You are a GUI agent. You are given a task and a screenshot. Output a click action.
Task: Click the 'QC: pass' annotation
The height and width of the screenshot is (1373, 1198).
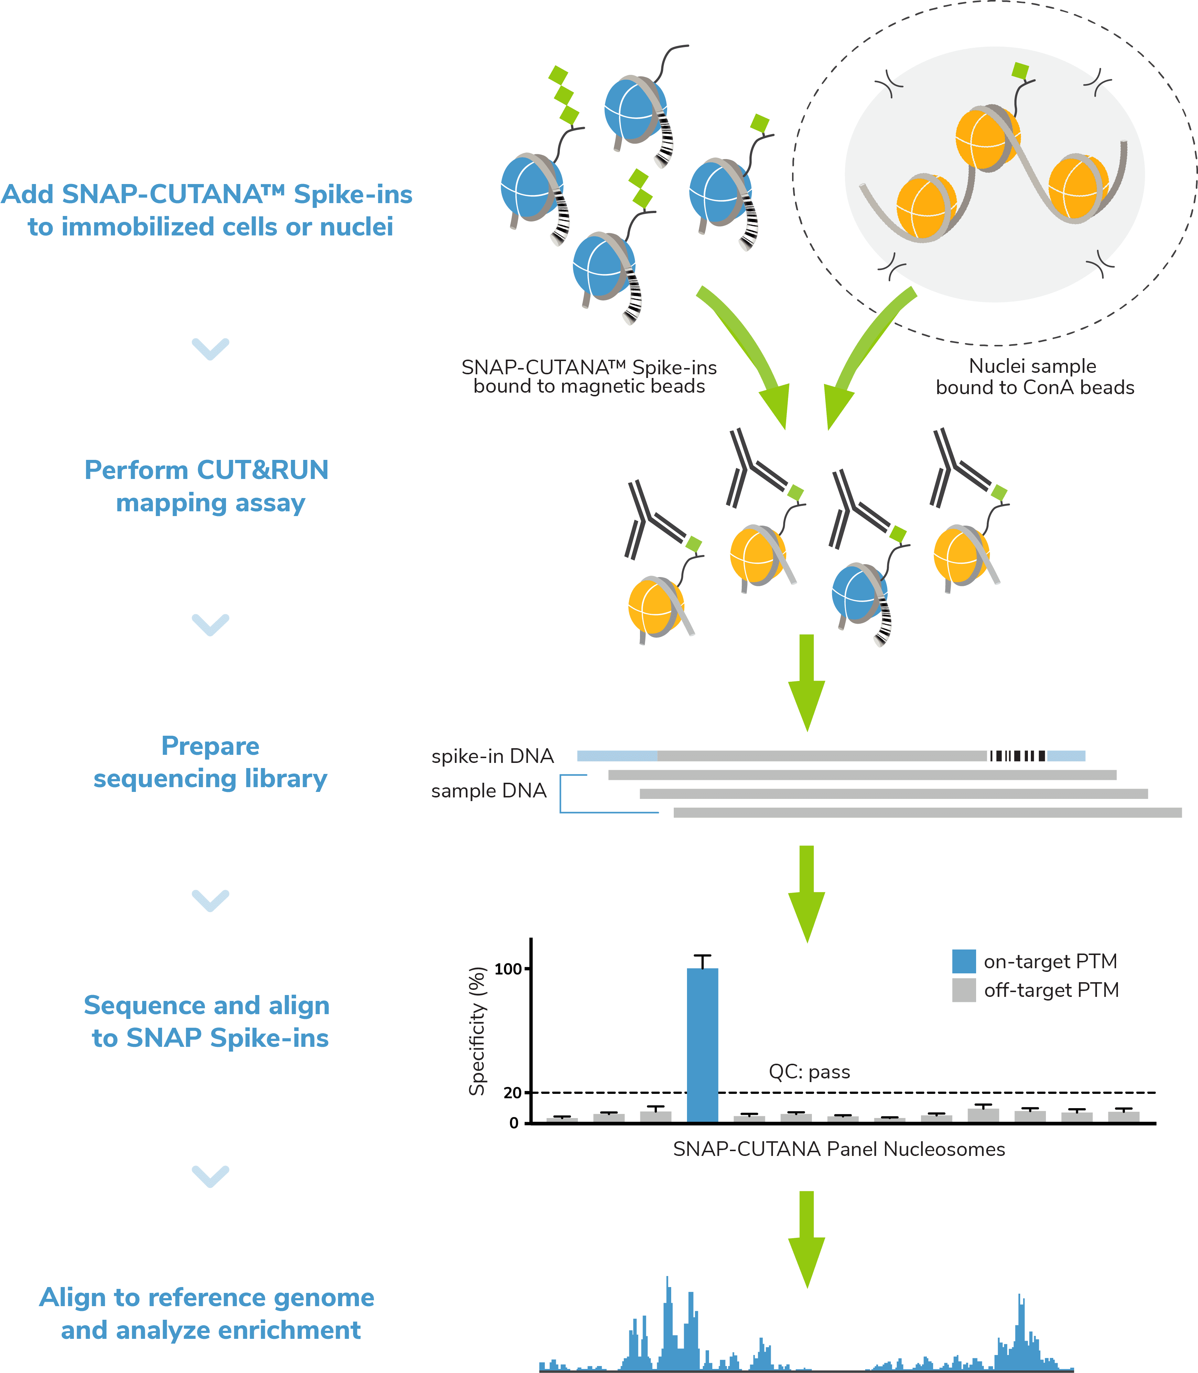809,1072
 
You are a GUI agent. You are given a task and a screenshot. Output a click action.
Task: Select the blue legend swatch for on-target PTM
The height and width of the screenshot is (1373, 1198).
963,961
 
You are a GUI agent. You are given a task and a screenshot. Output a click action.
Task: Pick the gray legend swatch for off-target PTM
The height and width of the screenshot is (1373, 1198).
963,990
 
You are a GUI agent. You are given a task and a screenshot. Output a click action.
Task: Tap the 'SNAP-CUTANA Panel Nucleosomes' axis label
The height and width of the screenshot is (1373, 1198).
838,1149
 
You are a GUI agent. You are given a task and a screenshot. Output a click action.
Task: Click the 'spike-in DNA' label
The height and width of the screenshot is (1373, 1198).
493,756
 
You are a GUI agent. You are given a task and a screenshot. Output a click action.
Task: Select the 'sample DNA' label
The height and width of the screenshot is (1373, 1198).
489,791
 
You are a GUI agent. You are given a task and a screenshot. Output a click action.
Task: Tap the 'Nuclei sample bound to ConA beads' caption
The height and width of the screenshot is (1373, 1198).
1034,376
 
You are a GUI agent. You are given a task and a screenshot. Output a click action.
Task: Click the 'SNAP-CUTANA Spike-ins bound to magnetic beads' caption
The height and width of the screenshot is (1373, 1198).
589,376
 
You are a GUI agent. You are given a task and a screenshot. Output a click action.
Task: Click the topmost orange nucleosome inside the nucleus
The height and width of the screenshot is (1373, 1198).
987,138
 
